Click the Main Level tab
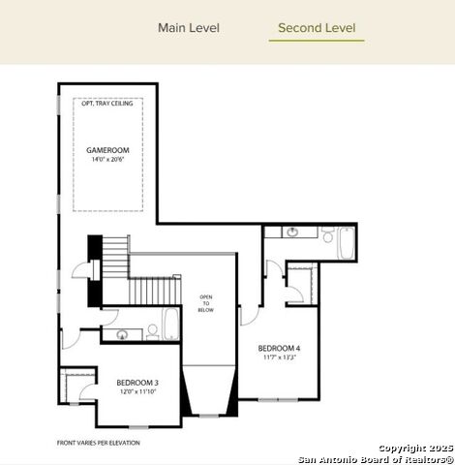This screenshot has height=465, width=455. tap(189, 27)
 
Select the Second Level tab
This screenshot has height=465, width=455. tap(317, 27)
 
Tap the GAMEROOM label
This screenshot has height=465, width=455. tap(107, 151)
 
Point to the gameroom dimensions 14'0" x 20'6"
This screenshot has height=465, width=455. tap(107, 160)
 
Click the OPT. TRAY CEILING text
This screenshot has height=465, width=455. tap(107, 104)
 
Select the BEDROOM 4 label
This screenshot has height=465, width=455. tap(279, 348)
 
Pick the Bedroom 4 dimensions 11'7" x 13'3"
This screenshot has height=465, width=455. tap(279, 356)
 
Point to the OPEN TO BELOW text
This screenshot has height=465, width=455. tap(205, 303)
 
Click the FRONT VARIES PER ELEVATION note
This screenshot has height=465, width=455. tap(99, 443)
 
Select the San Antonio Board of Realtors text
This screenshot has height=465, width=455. tap(375, 458)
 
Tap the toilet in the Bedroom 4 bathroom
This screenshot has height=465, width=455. tap(327, 235)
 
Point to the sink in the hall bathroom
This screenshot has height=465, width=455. tap(123, 335)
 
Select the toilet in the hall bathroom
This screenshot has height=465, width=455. tap(152, 332)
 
